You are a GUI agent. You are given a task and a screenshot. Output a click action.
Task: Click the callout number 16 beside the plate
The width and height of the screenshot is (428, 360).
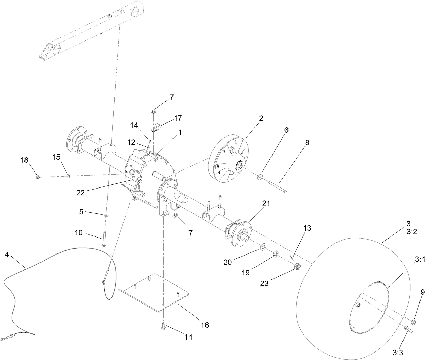(204, 325)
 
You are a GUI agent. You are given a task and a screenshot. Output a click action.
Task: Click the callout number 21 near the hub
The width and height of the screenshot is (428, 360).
(266, 203)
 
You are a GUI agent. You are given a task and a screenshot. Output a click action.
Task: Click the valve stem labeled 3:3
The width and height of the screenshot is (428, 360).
(408, 329)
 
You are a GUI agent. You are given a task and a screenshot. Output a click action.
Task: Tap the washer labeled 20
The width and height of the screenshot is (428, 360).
(263, 246)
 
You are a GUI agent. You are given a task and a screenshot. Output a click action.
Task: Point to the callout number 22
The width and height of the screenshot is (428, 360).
(80, 192)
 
